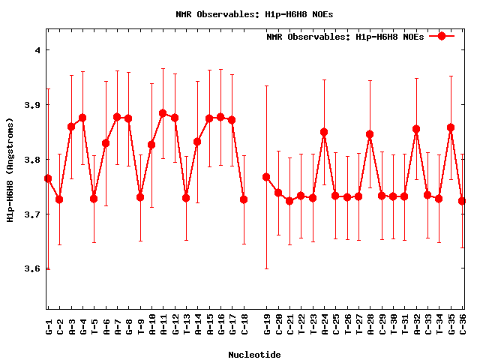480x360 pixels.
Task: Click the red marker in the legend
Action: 442,36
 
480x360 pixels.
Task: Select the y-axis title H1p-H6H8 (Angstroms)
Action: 10,169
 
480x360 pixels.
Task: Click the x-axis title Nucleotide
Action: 255,355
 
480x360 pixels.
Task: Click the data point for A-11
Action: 163,113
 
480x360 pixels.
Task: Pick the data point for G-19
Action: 266,177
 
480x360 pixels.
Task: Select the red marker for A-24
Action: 324,132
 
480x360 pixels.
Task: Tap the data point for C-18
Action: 244,199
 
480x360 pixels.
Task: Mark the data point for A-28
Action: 370,134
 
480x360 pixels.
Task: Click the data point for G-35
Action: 451,127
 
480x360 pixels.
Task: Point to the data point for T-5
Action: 94,199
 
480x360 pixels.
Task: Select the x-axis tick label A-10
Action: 151,326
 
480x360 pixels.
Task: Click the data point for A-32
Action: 416,129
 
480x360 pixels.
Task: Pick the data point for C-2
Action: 59,199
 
